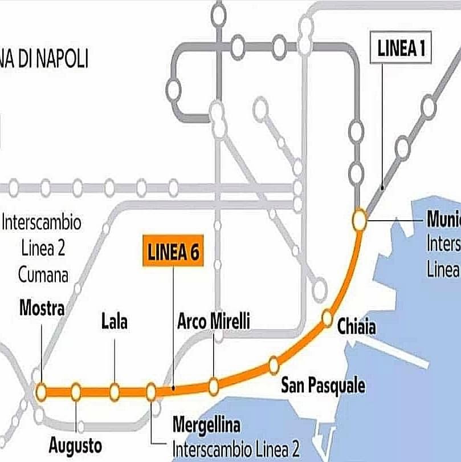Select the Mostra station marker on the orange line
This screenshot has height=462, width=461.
[41, 392]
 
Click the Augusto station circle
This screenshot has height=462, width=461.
[76, 392]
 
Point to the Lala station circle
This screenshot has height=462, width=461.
[115, 392]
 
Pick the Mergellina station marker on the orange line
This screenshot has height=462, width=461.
[151, 392]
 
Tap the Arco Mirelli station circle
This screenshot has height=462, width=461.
[213, 387]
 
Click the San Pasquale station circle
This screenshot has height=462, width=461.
[274, 364]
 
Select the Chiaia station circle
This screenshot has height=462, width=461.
[327, 318]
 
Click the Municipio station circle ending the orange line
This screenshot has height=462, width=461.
[360, 220]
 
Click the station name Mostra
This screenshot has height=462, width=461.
[42, 309]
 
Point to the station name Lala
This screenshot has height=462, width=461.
[115, 322]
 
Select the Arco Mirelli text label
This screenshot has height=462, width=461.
[214, 321]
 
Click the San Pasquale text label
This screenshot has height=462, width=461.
[323, 386]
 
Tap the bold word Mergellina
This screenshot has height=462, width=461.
[206, 425]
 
